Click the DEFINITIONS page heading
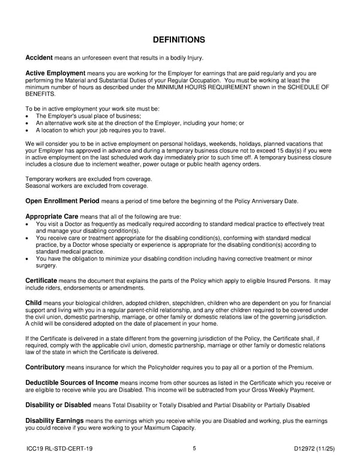(179, 40)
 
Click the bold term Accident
(39, 58)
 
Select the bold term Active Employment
(55, 73)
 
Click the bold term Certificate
(41, 280)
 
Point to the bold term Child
(34, 302)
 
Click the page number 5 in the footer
(194, 448)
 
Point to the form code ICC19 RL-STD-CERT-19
(59, 449)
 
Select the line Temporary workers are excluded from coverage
(89, 179)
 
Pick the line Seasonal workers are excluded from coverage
(86, 186)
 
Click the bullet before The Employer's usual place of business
(28, 116)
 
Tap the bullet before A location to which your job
(28, 130)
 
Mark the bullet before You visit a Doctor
(28, 223)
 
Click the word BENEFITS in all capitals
(42, 94)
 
